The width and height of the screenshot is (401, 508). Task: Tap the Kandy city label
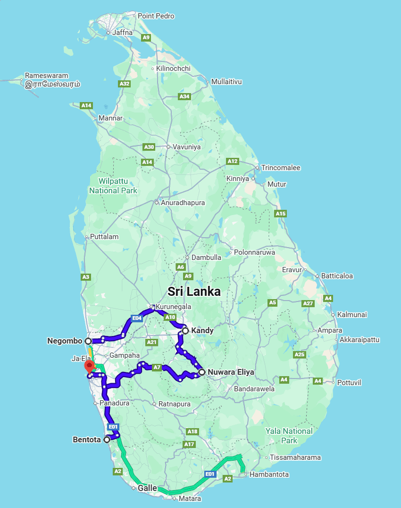tap(202, 330)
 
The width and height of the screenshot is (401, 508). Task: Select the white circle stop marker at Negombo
tap(88, 341)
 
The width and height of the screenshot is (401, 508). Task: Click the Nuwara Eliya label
tap(231, 372)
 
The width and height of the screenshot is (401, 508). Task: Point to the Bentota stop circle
tap(107, 439)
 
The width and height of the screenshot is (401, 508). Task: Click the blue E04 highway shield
tap(137, 318)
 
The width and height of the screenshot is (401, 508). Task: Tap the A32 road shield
tap(124, 84)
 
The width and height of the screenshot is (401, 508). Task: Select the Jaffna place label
tap(122, 33)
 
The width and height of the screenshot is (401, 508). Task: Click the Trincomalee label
tap(281, 168)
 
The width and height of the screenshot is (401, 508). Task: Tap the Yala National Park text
tap(289, 435)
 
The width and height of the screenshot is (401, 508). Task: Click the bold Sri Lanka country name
tap(194, 291)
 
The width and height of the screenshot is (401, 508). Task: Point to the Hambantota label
tap(269, 474)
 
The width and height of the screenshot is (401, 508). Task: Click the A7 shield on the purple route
tap(157, 367)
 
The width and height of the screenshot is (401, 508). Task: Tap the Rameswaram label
tap(46, 76)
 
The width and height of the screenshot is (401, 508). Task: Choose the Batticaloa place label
tap(337, 276)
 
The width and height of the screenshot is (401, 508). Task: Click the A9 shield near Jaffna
tap(146, 37)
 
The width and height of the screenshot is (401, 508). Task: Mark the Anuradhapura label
tap(183, 203)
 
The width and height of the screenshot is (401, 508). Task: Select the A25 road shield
tap(299, 354)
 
